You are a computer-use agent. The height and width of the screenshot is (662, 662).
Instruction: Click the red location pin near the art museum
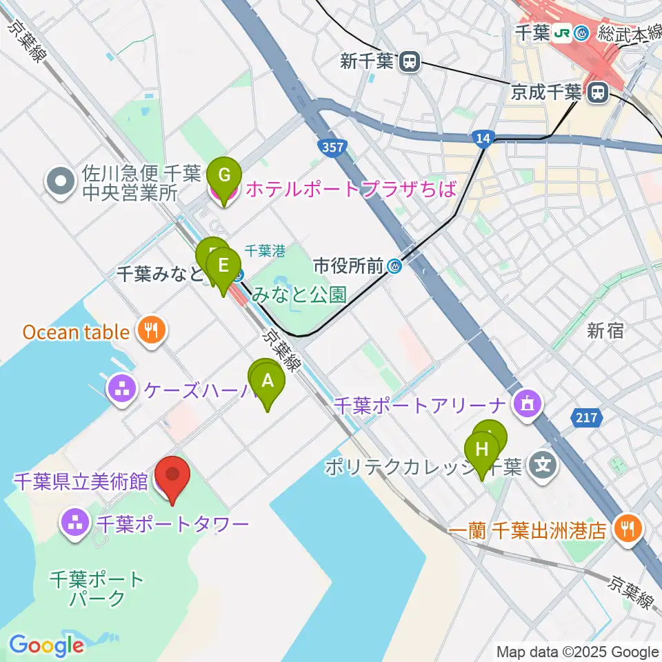[x=171, y=476]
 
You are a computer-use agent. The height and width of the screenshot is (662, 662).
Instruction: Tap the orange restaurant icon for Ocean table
[x=149, y=331]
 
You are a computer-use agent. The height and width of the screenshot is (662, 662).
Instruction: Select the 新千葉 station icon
[x=410, y=61]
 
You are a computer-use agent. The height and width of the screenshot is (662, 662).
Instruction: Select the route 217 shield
[x=582, y=417]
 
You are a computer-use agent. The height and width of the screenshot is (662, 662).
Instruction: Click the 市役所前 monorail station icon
[x=394, y=265]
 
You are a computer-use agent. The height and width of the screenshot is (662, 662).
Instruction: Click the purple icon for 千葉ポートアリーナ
[x=529, y=403]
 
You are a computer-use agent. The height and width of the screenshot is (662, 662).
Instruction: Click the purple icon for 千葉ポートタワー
[x=74, y=524]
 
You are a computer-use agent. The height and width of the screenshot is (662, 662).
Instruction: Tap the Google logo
[x=46, y=645]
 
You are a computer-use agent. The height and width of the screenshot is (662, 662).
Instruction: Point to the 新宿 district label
[x=605, y=331]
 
